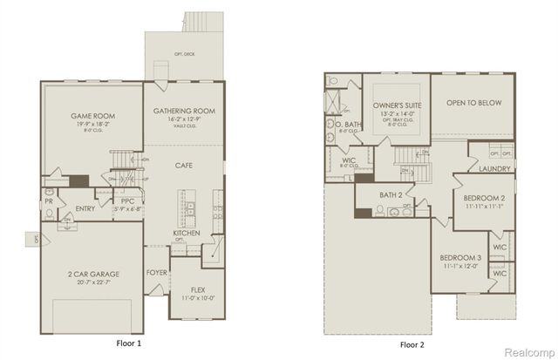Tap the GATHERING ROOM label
click(184, 112)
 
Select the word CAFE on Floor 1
click(184, 165)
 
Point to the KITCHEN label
click(187, 233)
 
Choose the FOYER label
click(157, 271)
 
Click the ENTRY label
click(85, 208)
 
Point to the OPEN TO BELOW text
click(473, 103)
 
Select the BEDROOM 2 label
click(485, 199)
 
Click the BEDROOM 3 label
click(461, 259)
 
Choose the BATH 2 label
click(390, 195)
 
